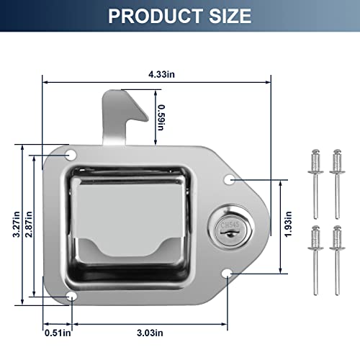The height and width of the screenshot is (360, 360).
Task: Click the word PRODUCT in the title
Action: (x=148, y=15)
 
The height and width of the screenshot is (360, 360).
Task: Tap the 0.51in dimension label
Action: (x=58, y=332)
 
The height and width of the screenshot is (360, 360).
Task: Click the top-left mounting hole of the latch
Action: (x=71, y=155)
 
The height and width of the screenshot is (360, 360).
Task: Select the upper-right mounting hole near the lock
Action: (x=228, y=179)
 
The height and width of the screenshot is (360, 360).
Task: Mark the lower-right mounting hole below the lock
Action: (x=227, y=272)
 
